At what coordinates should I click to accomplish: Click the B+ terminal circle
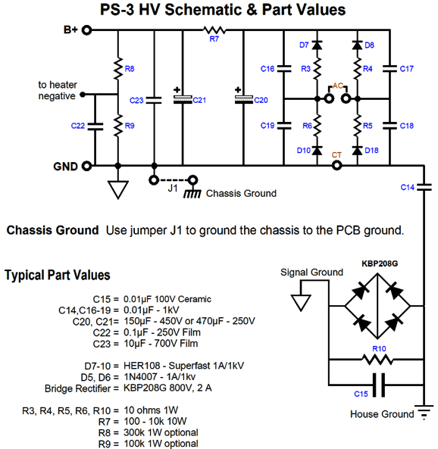pyautogui.click(x=86, y=30)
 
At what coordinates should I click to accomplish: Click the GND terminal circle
pyautogui.click(x=86, y=166)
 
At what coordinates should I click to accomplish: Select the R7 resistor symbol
pyautogui.click(x=214, y=30)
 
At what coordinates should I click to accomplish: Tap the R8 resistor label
pyautogui.click(x=130, y=69)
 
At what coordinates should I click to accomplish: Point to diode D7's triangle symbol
pyautogui.click(x=317, y=45)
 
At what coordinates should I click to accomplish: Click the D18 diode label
pyautogui.click(x=371, y=151)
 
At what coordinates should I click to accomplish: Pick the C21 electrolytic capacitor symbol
pyautogui.click(x=183, y=99)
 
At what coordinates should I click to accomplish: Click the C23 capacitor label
pyautogui.click(x=136, y=101)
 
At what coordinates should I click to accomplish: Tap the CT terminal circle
pyautogui.click(x=336, y=166)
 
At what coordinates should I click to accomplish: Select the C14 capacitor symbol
pyautogui.click(x=424, y=187)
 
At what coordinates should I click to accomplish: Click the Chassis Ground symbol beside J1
pyautogui.click(x=192, y=194)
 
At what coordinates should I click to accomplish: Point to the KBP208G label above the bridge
pyautogui.click(x=380, y=263)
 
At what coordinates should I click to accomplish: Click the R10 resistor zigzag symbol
pyautogui.click(x=377, y=359)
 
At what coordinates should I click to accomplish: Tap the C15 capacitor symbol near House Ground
pyautogui.click(x=379, y=385)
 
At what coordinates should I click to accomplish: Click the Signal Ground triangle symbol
pyautogui.click(x=301, y=302)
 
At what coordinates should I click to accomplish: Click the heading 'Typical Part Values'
pyautogui.click(x=58, y=275)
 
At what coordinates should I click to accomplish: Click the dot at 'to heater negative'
pyautogui.click(x=83, y=94)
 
